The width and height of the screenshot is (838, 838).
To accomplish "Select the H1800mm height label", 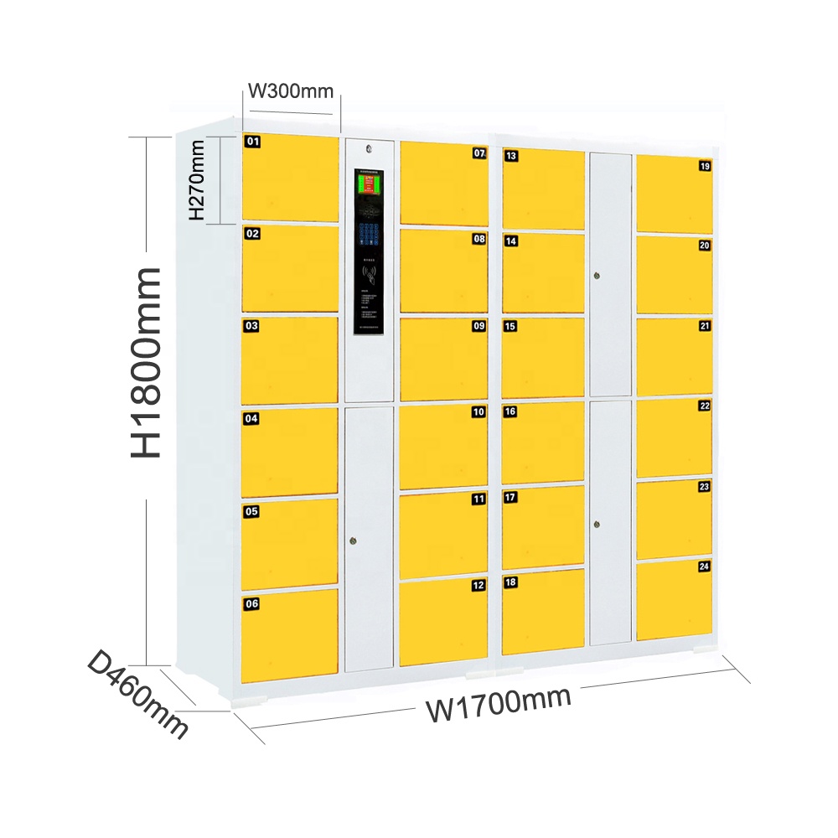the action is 146,362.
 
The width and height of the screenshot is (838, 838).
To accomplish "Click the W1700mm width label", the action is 499,702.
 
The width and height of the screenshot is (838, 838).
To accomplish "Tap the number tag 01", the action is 252,142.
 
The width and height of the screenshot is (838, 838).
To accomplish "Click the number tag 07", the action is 479,153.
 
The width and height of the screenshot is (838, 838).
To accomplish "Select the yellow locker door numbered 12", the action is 443,622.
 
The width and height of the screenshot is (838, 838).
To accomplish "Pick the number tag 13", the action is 510,155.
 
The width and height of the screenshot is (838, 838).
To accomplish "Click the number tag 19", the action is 704,166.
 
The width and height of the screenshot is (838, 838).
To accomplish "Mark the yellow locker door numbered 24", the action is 674,600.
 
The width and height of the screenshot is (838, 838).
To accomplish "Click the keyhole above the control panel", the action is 370,149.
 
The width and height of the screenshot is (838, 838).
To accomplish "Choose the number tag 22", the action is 704,406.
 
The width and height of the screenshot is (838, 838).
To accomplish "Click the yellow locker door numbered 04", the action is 290,452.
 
